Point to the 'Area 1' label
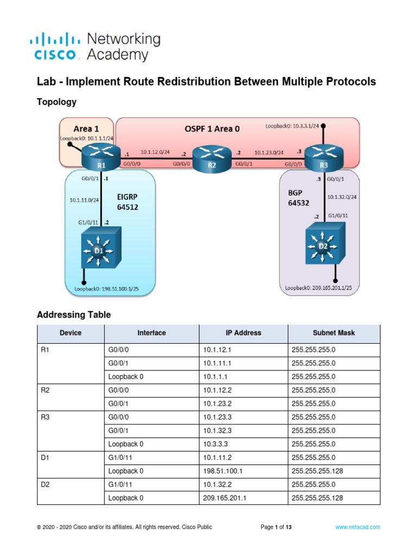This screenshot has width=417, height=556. click(x=86, y=129)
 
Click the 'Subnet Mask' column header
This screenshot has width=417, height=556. click(x=333, y=333)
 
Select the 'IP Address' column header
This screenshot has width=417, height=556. click(x=243, y=333)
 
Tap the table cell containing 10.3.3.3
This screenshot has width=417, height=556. click(x=243, y=444)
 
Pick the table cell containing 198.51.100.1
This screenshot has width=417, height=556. click(x=243, y=471)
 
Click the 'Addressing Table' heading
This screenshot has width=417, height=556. click(x=73, y=314)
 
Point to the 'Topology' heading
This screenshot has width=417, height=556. click(x=56, y=102)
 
